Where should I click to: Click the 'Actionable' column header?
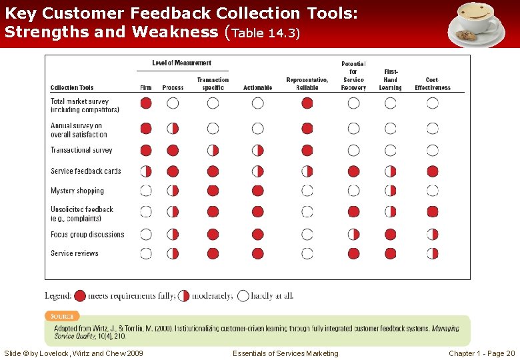258,88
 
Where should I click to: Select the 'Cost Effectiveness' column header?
433,84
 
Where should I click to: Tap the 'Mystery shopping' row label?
77,191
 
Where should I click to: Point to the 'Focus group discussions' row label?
87,235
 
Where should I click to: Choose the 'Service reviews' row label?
75,253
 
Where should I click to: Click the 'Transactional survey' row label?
81,150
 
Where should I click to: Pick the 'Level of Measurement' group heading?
181,63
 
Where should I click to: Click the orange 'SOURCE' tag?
62,315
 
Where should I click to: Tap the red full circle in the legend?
80,295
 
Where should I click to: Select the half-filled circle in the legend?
184,295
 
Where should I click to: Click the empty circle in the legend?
243,295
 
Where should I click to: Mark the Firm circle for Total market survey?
146,103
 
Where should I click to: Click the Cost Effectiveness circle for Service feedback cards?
433,171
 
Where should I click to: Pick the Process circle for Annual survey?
173,128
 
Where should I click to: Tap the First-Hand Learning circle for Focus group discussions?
390,235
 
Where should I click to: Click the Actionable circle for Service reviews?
258,253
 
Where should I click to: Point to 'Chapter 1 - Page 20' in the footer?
481,353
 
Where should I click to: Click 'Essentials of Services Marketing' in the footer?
285,353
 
